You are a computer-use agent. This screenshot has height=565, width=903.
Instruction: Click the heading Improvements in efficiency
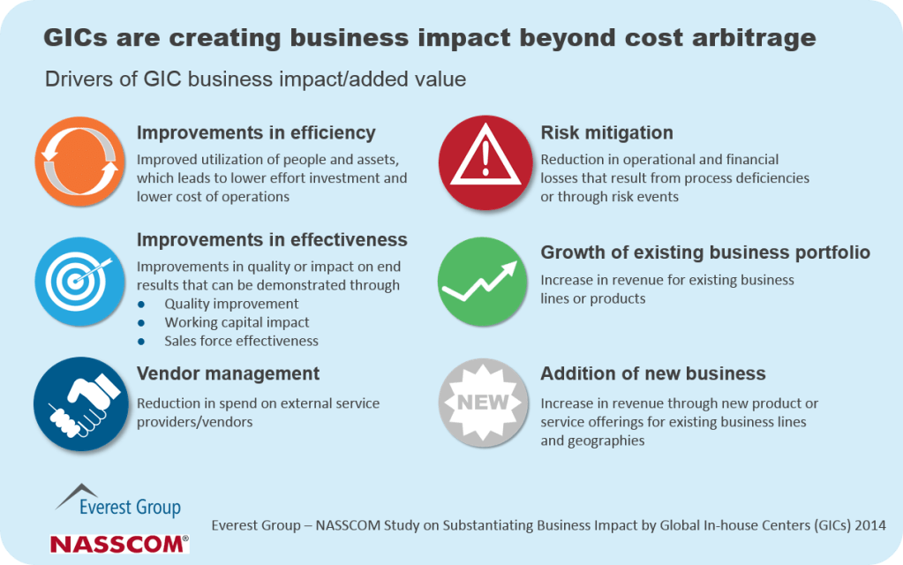(256, 133)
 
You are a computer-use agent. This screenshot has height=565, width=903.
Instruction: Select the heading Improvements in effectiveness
(272, 240)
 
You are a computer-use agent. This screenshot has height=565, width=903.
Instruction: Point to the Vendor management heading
(228, 373)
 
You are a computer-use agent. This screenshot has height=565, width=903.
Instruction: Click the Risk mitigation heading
(606, 133)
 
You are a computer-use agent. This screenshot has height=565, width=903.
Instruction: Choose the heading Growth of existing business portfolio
(705, 252)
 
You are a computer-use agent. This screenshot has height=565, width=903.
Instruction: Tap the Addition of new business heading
(652, 373)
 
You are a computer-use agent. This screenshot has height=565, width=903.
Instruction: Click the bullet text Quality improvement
(231, 304)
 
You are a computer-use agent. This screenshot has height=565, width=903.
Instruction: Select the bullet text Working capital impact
(237, 322)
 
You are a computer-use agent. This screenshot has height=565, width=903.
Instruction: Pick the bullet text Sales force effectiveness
(241, 341)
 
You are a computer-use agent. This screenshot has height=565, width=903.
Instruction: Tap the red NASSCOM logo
(119, 544)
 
